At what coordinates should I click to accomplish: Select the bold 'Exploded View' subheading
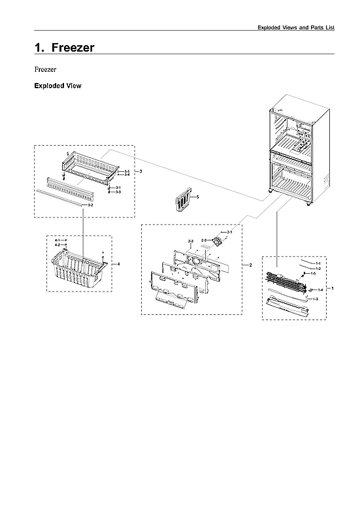click(57, 86)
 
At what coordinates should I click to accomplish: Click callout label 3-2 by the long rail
click(90, 205)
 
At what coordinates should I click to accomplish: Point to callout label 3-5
click(127, 171)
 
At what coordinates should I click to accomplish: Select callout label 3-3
click(118, 192)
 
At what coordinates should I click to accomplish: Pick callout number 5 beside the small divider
click(198, 196)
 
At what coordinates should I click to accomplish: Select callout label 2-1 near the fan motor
click(229, 232)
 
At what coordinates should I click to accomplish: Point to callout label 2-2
click(191, 242)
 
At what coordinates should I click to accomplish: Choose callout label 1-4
click(320, 289)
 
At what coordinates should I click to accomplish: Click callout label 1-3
click(315, 299)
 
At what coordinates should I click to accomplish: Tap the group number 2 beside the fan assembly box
click(250, 265)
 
